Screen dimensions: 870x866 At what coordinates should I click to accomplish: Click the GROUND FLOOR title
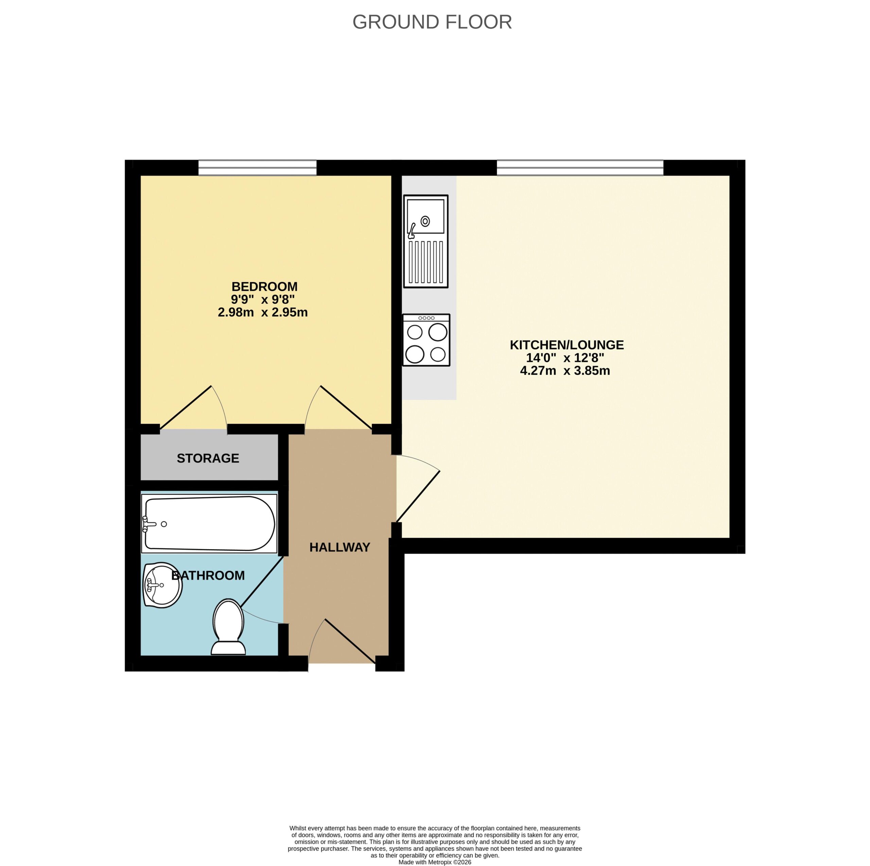click(x=432, y=22)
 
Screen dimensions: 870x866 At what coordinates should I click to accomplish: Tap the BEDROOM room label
click(x=264, y=287)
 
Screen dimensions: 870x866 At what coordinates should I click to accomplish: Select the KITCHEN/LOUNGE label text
click(x=567, y=345)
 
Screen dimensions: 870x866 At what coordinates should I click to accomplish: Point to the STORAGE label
click(x=208, y=458)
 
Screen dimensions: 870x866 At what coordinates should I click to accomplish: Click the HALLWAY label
click(x=340, y=547)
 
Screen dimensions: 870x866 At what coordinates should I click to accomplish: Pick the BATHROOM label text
click(x=208, y=575)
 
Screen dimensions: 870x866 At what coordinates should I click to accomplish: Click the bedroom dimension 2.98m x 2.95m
click(x=263, y=312)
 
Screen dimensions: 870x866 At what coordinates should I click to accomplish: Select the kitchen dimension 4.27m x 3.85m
click(x=565, y=371)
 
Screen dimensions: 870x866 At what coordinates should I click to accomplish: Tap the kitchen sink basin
click(x=425, y=216)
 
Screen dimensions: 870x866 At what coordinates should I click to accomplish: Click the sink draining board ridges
click(x=425, y=262)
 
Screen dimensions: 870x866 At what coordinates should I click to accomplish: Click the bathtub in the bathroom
click(x=209, y=523)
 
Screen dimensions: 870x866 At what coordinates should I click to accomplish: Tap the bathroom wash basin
click(x=162, y=585)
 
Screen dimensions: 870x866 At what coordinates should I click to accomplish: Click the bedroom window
click(x=258, y=168)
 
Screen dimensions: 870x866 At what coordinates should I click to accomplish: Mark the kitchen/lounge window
click(x=580, y=168)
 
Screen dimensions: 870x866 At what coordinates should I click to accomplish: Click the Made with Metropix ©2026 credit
click(x=435, y=862)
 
